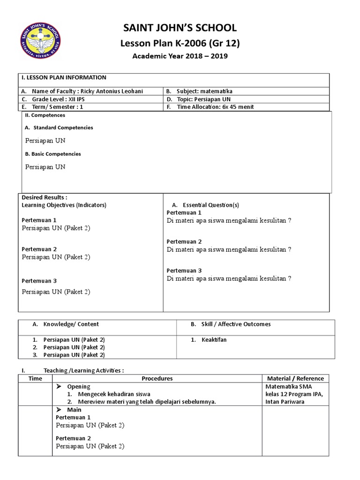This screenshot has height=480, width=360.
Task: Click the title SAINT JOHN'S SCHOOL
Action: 180,28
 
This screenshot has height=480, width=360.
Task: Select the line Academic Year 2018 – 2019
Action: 180,56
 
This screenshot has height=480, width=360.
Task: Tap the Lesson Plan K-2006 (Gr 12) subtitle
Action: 180,44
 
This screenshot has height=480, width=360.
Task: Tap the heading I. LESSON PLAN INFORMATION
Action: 64,78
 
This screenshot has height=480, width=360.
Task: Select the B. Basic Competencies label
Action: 53,154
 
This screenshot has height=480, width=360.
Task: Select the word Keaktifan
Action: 214,340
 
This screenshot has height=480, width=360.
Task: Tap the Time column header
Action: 35,379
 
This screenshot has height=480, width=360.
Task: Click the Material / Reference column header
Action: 295,379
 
